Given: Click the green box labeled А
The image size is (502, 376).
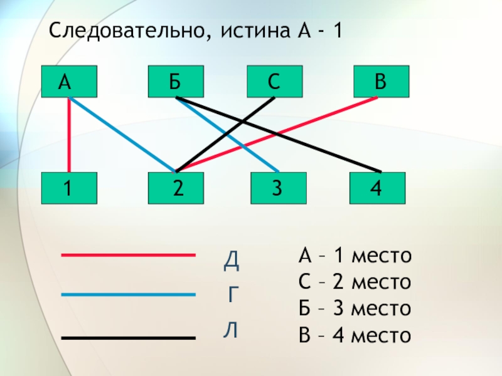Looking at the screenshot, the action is coord(70,81).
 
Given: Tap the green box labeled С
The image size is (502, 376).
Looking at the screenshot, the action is coord(274,81).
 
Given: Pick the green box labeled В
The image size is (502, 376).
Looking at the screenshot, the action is coord(381,81).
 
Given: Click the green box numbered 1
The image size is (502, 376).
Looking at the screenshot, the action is coord(70,188).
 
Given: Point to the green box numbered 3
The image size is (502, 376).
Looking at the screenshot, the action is coord(279,188).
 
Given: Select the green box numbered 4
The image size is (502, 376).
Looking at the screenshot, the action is coord(376,188).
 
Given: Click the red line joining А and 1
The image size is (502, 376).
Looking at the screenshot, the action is coord(70,135).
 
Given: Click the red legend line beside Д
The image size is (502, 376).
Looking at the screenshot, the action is coord(128,255).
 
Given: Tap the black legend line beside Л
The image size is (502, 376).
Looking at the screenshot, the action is coord(128,338).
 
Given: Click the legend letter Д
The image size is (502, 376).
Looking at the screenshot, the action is coord(232,259).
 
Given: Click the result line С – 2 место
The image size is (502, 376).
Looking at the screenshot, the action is coord(355,283).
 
